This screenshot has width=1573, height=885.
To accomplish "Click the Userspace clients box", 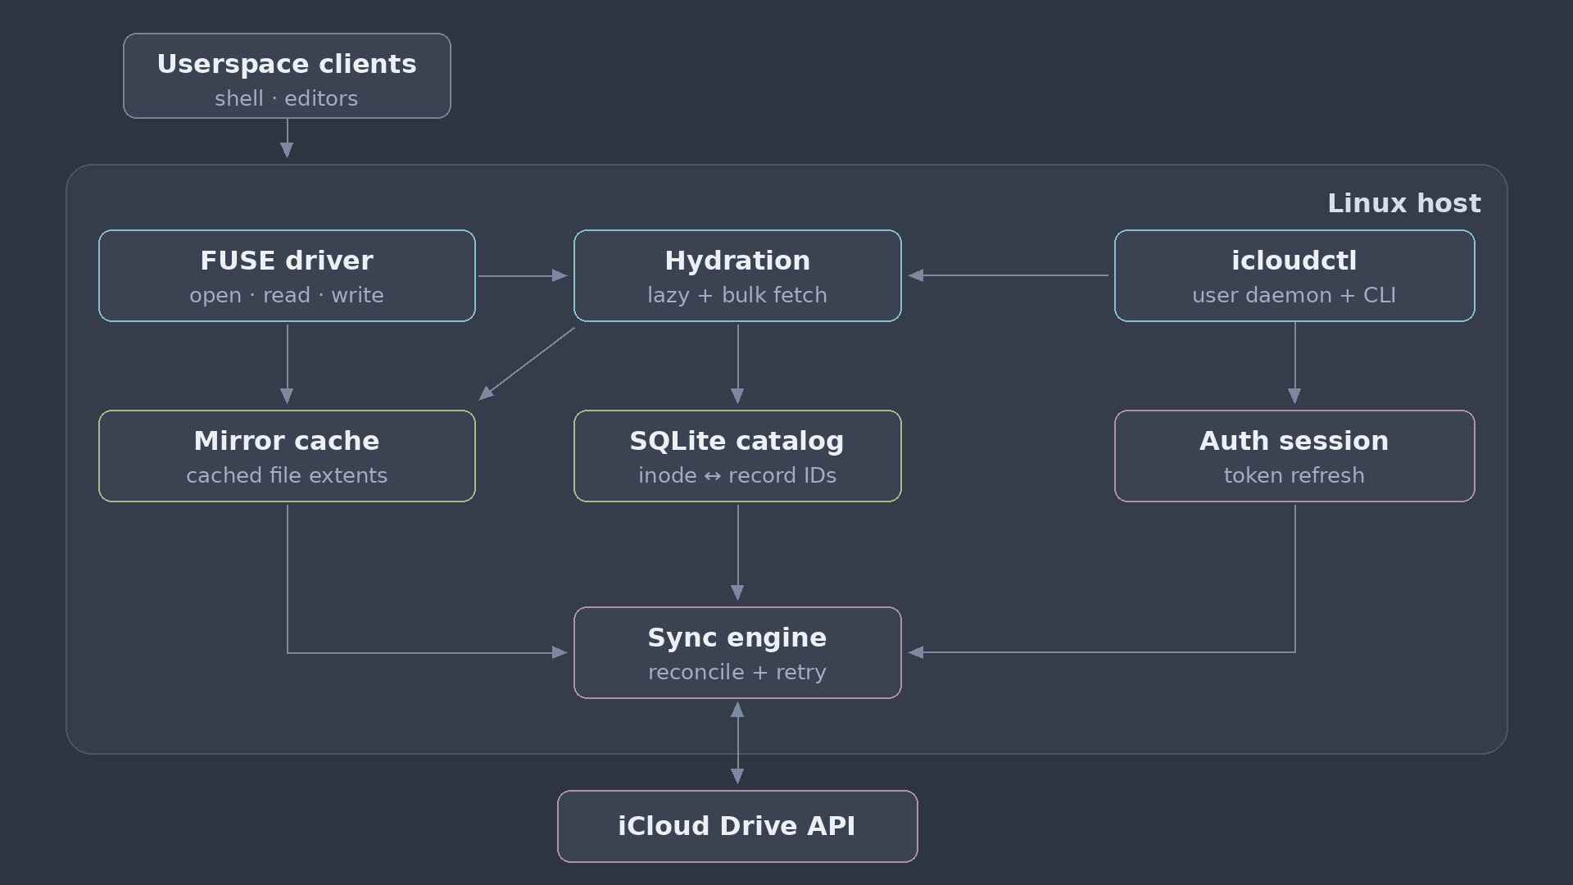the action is (287, 75).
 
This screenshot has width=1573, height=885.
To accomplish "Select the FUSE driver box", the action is (287, 275).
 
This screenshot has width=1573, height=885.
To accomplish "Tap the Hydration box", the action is (737, 275).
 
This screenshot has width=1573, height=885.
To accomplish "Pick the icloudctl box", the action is (1294, 275).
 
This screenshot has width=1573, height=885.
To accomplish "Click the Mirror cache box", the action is (287, 456).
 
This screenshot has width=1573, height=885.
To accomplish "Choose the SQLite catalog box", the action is (737, 456).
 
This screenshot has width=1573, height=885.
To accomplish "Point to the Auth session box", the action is (1294, 456).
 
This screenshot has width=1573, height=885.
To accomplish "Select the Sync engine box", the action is (737, 652).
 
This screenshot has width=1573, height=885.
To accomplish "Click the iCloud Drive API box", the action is (737, 826).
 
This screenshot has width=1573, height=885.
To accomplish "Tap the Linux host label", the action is (1404, 203).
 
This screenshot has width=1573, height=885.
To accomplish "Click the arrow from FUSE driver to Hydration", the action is (523, 275).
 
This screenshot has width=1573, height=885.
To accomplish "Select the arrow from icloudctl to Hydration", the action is (1008, 275).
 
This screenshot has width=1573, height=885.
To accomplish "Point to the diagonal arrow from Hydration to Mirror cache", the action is (527, 364).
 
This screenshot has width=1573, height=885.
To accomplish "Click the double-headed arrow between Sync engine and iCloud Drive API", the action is (737, 743).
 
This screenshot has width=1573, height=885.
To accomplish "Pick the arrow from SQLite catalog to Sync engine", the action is (737, 553).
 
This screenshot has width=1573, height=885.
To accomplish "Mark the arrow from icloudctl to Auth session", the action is (1294, 363).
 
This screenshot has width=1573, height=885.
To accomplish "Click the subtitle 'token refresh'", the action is (1294, 475).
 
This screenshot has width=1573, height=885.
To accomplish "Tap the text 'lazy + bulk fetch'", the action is (737, 295).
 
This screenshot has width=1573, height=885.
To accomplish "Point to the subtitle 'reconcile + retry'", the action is (737, 672).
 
